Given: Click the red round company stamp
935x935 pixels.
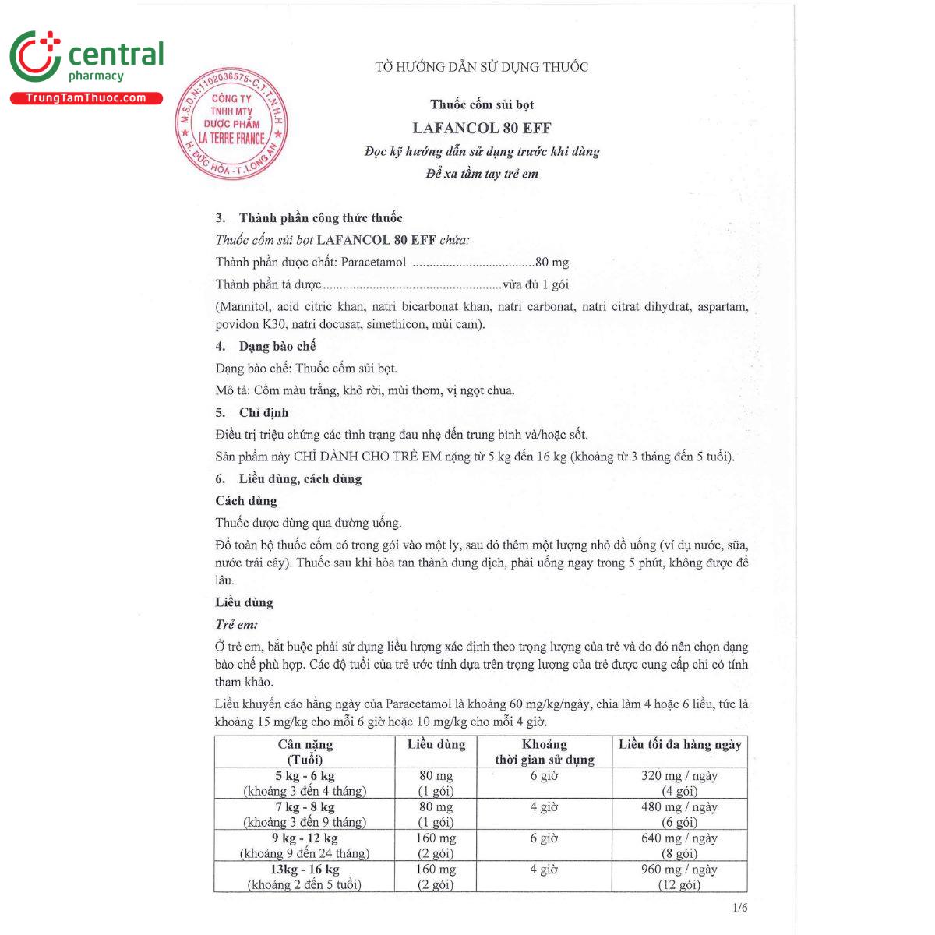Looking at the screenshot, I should click(231, 123).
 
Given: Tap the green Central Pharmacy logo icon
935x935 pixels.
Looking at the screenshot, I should click(35, 56).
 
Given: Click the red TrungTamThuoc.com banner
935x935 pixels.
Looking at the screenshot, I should click(86, 98).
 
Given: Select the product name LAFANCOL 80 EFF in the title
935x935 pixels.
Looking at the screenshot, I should click(482, 128).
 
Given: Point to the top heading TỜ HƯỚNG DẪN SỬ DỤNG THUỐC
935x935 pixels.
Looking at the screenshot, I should click(482, 67).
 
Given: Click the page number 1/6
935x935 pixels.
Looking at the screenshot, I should click(739, 908).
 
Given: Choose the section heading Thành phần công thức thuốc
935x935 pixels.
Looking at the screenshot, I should click(320, 218).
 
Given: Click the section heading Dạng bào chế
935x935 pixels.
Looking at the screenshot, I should click(277, 346).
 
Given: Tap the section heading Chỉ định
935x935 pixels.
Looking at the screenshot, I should click(263, 412).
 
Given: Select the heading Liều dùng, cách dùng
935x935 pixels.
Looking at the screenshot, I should click(300, 478).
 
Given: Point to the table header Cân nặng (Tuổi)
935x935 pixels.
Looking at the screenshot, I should click(305, 752).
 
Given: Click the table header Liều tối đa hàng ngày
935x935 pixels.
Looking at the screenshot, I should click(679, 745).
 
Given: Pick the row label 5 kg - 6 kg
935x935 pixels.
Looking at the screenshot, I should click(305, 776).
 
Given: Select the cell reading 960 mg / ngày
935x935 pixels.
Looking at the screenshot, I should click(679, 870).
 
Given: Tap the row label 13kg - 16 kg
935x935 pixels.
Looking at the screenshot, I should click(305, 870).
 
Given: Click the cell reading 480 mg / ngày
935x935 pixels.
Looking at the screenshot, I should click(679, 807).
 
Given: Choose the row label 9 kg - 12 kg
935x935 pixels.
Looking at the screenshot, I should click(305, 838).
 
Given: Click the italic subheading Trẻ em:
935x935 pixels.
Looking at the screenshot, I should click(236, 624).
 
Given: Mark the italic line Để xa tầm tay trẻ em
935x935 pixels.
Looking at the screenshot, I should click(482, 174).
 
